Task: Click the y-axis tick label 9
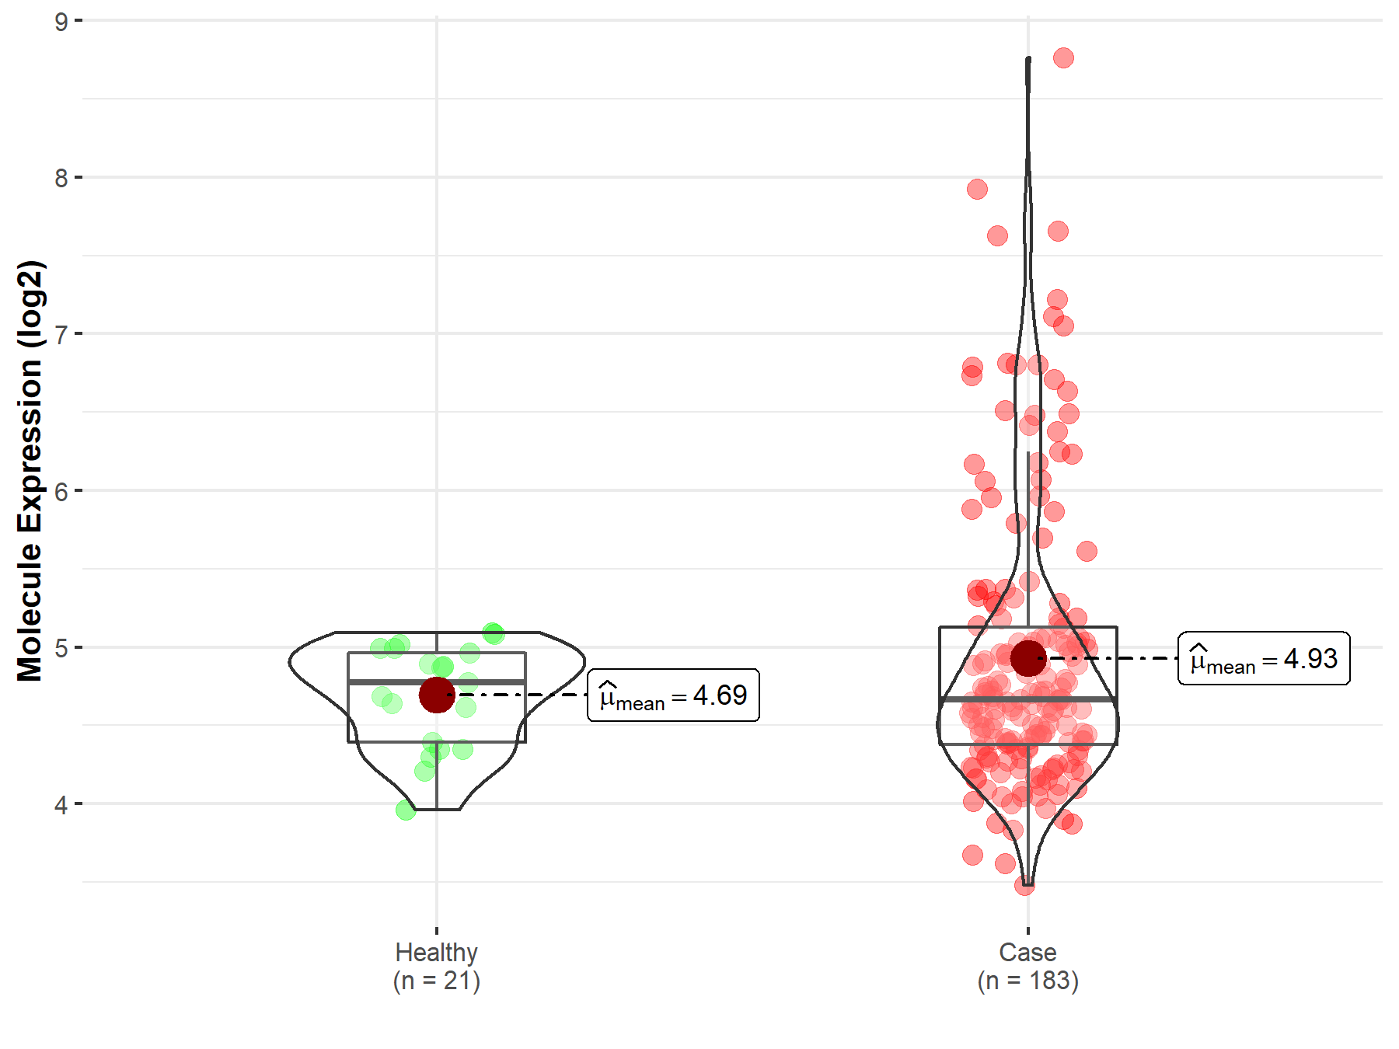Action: tap(61, 22)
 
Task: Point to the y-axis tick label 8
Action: tap(61, 178)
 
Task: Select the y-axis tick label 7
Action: tap(61, 335)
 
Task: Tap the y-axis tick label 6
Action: tap(61, 491)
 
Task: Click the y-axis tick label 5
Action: tap(61, 648)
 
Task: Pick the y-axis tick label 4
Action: tap(61, 804)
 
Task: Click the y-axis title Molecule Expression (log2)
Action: tap(30, 471)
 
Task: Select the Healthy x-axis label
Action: tap(436, 952)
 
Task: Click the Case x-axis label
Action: tap(1027, 952)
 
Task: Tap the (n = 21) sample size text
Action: tap(436, 981)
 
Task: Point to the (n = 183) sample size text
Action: tap(1027, 981)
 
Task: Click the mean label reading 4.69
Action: tap(673, 695)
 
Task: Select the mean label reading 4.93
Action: tap(1264, 659)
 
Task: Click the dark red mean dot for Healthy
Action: tap(437, 695)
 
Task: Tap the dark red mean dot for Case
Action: tap(1028, 658)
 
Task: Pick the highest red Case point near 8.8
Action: tap(1063, 58)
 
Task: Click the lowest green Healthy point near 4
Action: tap(406, 810)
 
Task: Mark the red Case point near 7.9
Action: tap(977, 189)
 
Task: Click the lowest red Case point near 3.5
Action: tap(1024, 886)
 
